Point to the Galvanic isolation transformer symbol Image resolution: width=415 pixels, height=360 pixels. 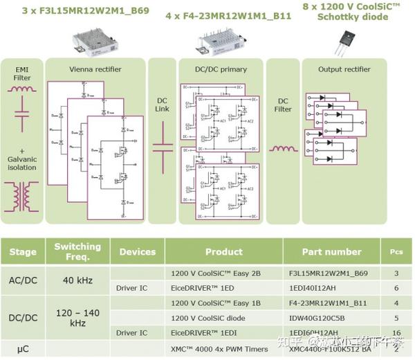pos(22,192)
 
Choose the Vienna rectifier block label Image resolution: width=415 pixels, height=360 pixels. pos(95,70)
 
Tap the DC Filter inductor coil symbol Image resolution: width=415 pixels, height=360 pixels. pos(283,149)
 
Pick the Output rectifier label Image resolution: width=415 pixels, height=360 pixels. pos(344,70)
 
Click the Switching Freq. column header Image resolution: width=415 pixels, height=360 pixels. pos(77,251)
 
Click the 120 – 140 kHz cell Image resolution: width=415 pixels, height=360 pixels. pos(77,318)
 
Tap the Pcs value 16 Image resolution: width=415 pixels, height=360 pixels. pos(396,332)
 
